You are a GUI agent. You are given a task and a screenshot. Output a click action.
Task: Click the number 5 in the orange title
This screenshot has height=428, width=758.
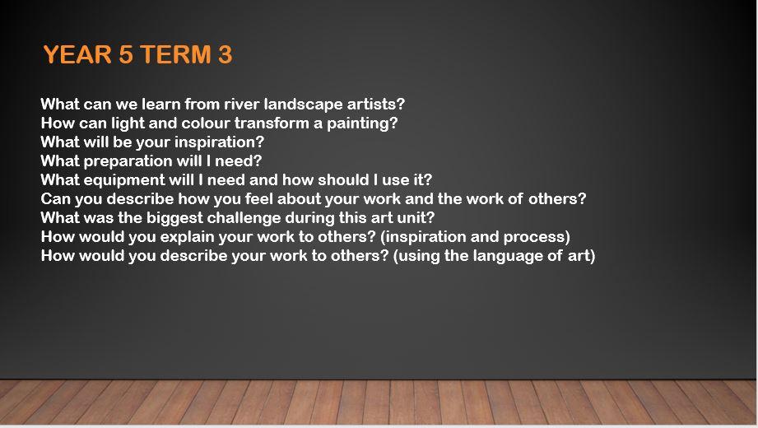click(126, 54)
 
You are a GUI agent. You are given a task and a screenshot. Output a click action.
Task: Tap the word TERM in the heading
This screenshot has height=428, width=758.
click(176, 54)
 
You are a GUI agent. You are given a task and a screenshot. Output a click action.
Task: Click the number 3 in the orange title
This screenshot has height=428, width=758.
click(226, 54)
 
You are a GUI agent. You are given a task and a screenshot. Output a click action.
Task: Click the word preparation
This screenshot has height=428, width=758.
click(128, 161)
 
